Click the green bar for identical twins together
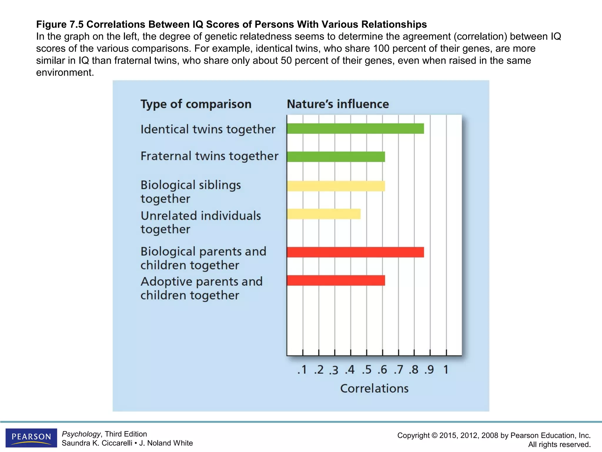(355, 129)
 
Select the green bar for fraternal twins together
(336, 157)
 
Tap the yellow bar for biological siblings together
(336, 186)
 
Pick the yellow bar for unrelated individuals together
(324, 214)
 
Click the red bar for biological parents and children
(355, 252)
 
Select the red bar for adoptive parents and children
(336, 280)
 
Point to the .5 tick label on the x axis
(366, 370)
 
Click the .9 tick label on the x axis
(429, 370)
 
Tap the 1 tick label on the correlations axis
(446, 370)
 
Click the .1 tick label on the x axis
(302, 370)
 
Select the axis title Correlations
(374, 388)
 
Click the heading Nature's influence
(338, 104)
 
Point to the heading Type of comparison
(196, 104)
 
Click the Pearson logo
(31, 438)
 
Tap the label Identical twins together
(208, 129)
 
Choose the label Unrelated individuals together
(200, 222)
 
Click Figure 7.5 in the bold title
(60, 24)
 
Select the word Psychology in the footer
(81, 434)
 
